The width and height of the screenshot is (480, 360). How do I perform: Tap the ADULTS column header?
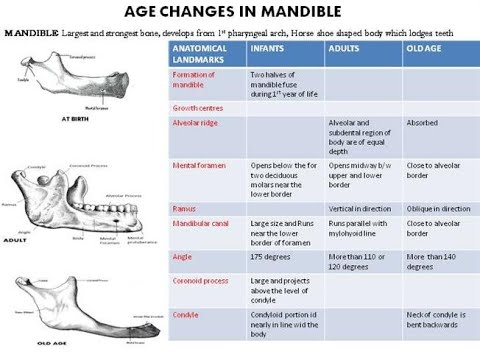point(345,48)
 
